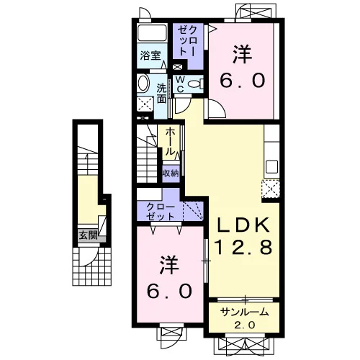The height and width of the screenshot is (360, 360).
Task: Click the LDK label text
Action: pos(243,225)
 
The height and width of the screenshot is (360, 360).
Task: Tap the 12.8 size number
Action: pos(243,247)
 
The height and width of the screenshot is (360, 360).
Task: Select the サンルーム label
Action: pos(244,312)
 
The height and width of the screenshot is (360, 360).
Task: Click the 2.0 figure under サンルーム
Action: pos(244,325)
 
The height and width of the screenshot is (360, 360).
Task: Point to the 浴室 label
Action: pos(150,55)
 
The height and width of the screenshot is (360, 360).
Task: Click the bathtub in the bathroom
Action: pos(152,32)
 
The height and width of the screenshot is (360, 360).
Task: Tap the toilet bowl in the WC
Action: pos(195,84)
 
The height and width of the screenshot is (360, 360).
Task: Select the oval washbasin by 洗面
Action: pos(143,83)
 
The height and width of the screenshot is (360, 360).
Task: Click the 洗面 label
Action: pos(161,94)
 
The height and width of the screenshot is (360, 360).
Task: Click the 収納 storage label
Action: pos(171,174)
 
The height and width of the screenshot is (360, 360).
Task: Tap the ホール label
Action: pos(170,141)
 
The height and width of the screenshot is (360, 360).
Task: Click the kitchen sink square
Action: pos(272,166)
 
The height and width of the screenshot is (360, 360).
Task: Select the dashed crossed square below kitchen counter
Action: pos(271,189)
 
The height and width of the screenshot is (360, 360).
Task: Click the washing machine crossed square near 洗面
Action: pos(145,104)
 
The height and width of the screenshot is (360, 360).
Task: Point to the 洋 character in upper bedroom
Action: pos(242,55)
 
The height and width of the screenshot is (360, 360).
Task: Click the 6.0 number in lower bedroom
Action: pos(169,291)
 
